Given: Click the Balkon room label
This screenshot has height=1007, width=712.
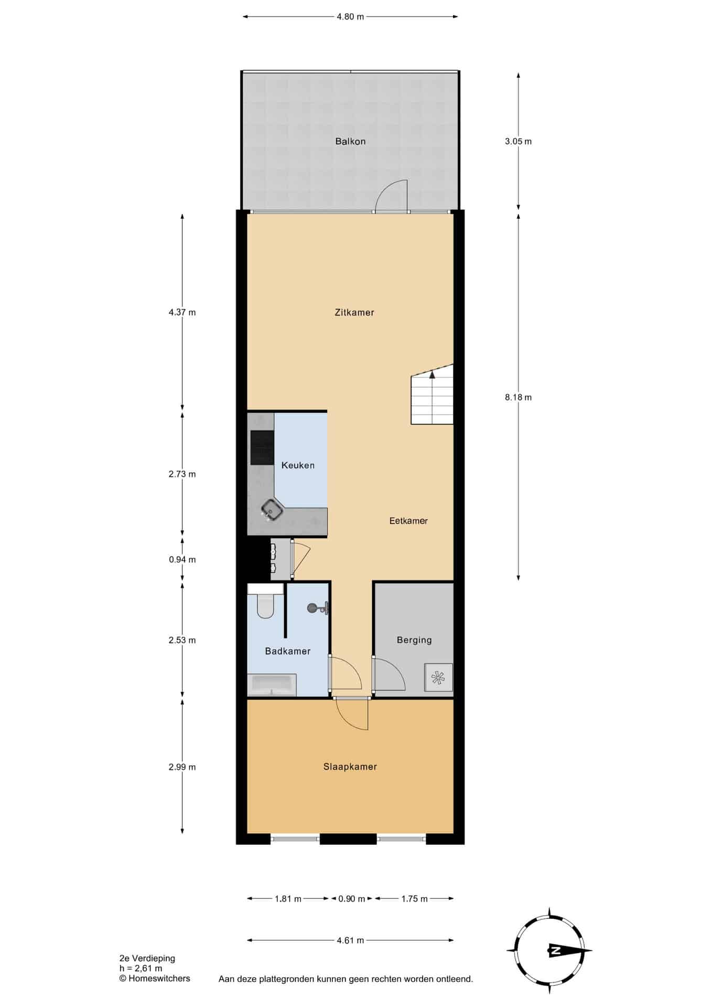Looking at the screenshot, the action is click(x=350, y=141).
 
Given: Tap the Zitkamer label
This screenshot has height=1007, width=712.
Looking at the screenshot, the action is click(x=354, y=313).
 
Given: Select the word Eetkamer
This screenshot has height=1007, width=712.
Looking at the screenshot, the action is click(x=408, y=521).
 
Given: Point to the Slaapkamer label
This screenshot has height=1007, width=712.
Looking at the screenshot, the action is click(x=350, y=767).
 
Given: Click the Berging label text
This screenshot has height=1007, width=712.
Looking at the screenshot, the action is click(x=414, y=640).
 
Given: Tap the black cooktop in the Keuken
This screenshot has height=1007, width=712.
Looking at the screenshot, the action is click(x=262, y=447).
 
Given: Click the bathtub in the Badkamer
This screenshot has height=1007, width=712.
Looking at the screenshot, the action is click(x=272, y=684).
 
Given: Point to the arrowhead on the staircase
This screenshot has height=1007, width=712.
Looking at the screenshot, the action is click(x=432, y=374).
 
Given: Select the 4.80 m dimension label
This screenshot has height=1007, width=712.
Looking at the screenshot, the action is click(x=350, y=16).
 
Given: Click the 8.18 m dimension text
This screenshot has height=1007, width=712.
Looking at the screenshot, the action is click(x=518, y=398).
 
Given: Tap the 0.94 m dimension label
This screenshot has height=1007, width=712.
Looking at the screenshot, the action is click(x=182, y=560).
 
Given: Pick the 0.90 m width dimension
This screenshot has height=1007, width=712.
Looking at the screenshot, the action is click(x=351, y=899).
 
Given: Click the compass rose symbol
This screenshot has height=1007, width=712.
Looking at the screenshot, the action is click(x=549, y=950).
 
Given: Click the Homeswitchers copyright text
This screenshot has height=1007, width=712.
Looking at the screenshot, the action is click(x=155, y=978).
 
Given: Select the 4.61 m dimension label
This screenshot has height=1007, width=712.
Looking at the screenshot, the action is click(x=350, y=940).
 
